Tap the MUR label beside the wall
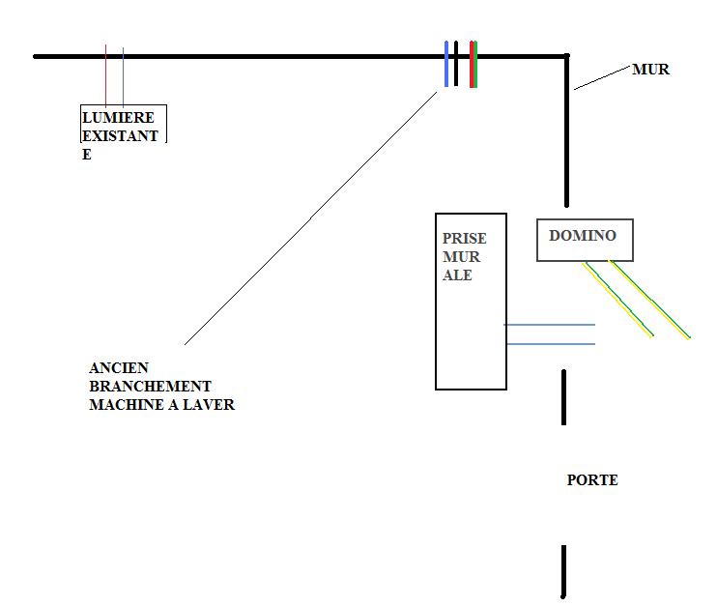pyautogui.click(x=650, y=70)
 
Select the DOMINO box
pyautogui.click(x=585, y=240)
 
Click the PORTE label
pyautogui.click(x=591, y=480)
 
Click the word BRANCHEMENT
pyautogui.click(x=149, y=387)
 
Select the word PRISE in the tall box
pyautogui.click(x=464, y=239)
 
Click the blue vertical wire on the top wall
pyautogui.click(x=446, y=64)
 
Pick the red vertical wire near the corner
pyautogui.click(x=471, y=64)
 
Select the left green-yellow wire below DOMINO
pyautogui.click(x=618, y=300)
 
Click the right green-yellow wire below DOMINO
pyautogui.click(x=650, y=300)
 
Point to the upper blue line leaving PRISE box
pyautogui.click(x=549, y=325)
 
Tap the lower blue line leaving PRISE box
pyautogui.click(x=549, y=344)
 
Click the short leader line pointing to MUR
pyautogui.click(x=601, y=77)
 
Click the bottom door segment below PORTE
pyautogui.click(x=563, y=571)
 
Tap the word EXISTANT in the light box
pyautogui.click(x=120, y=136)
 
